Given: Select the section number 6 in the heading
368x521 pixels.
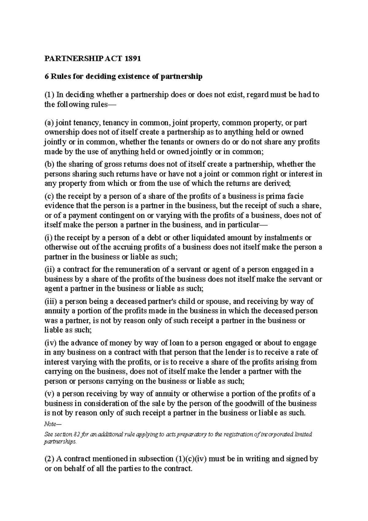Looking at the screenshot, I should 47,77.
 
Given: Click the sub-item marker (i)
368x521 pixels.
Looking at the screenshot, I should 48,238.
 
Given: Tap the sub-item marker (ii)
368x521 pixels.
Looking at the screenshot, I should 49,270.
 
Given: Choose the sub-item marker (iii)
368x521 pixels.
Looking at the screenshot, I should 51,302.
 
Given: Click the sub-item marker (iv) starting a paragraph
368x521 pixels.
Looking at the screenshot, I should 51,343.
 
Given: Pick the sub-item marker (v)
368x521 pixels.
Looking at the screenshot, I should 49,394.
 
